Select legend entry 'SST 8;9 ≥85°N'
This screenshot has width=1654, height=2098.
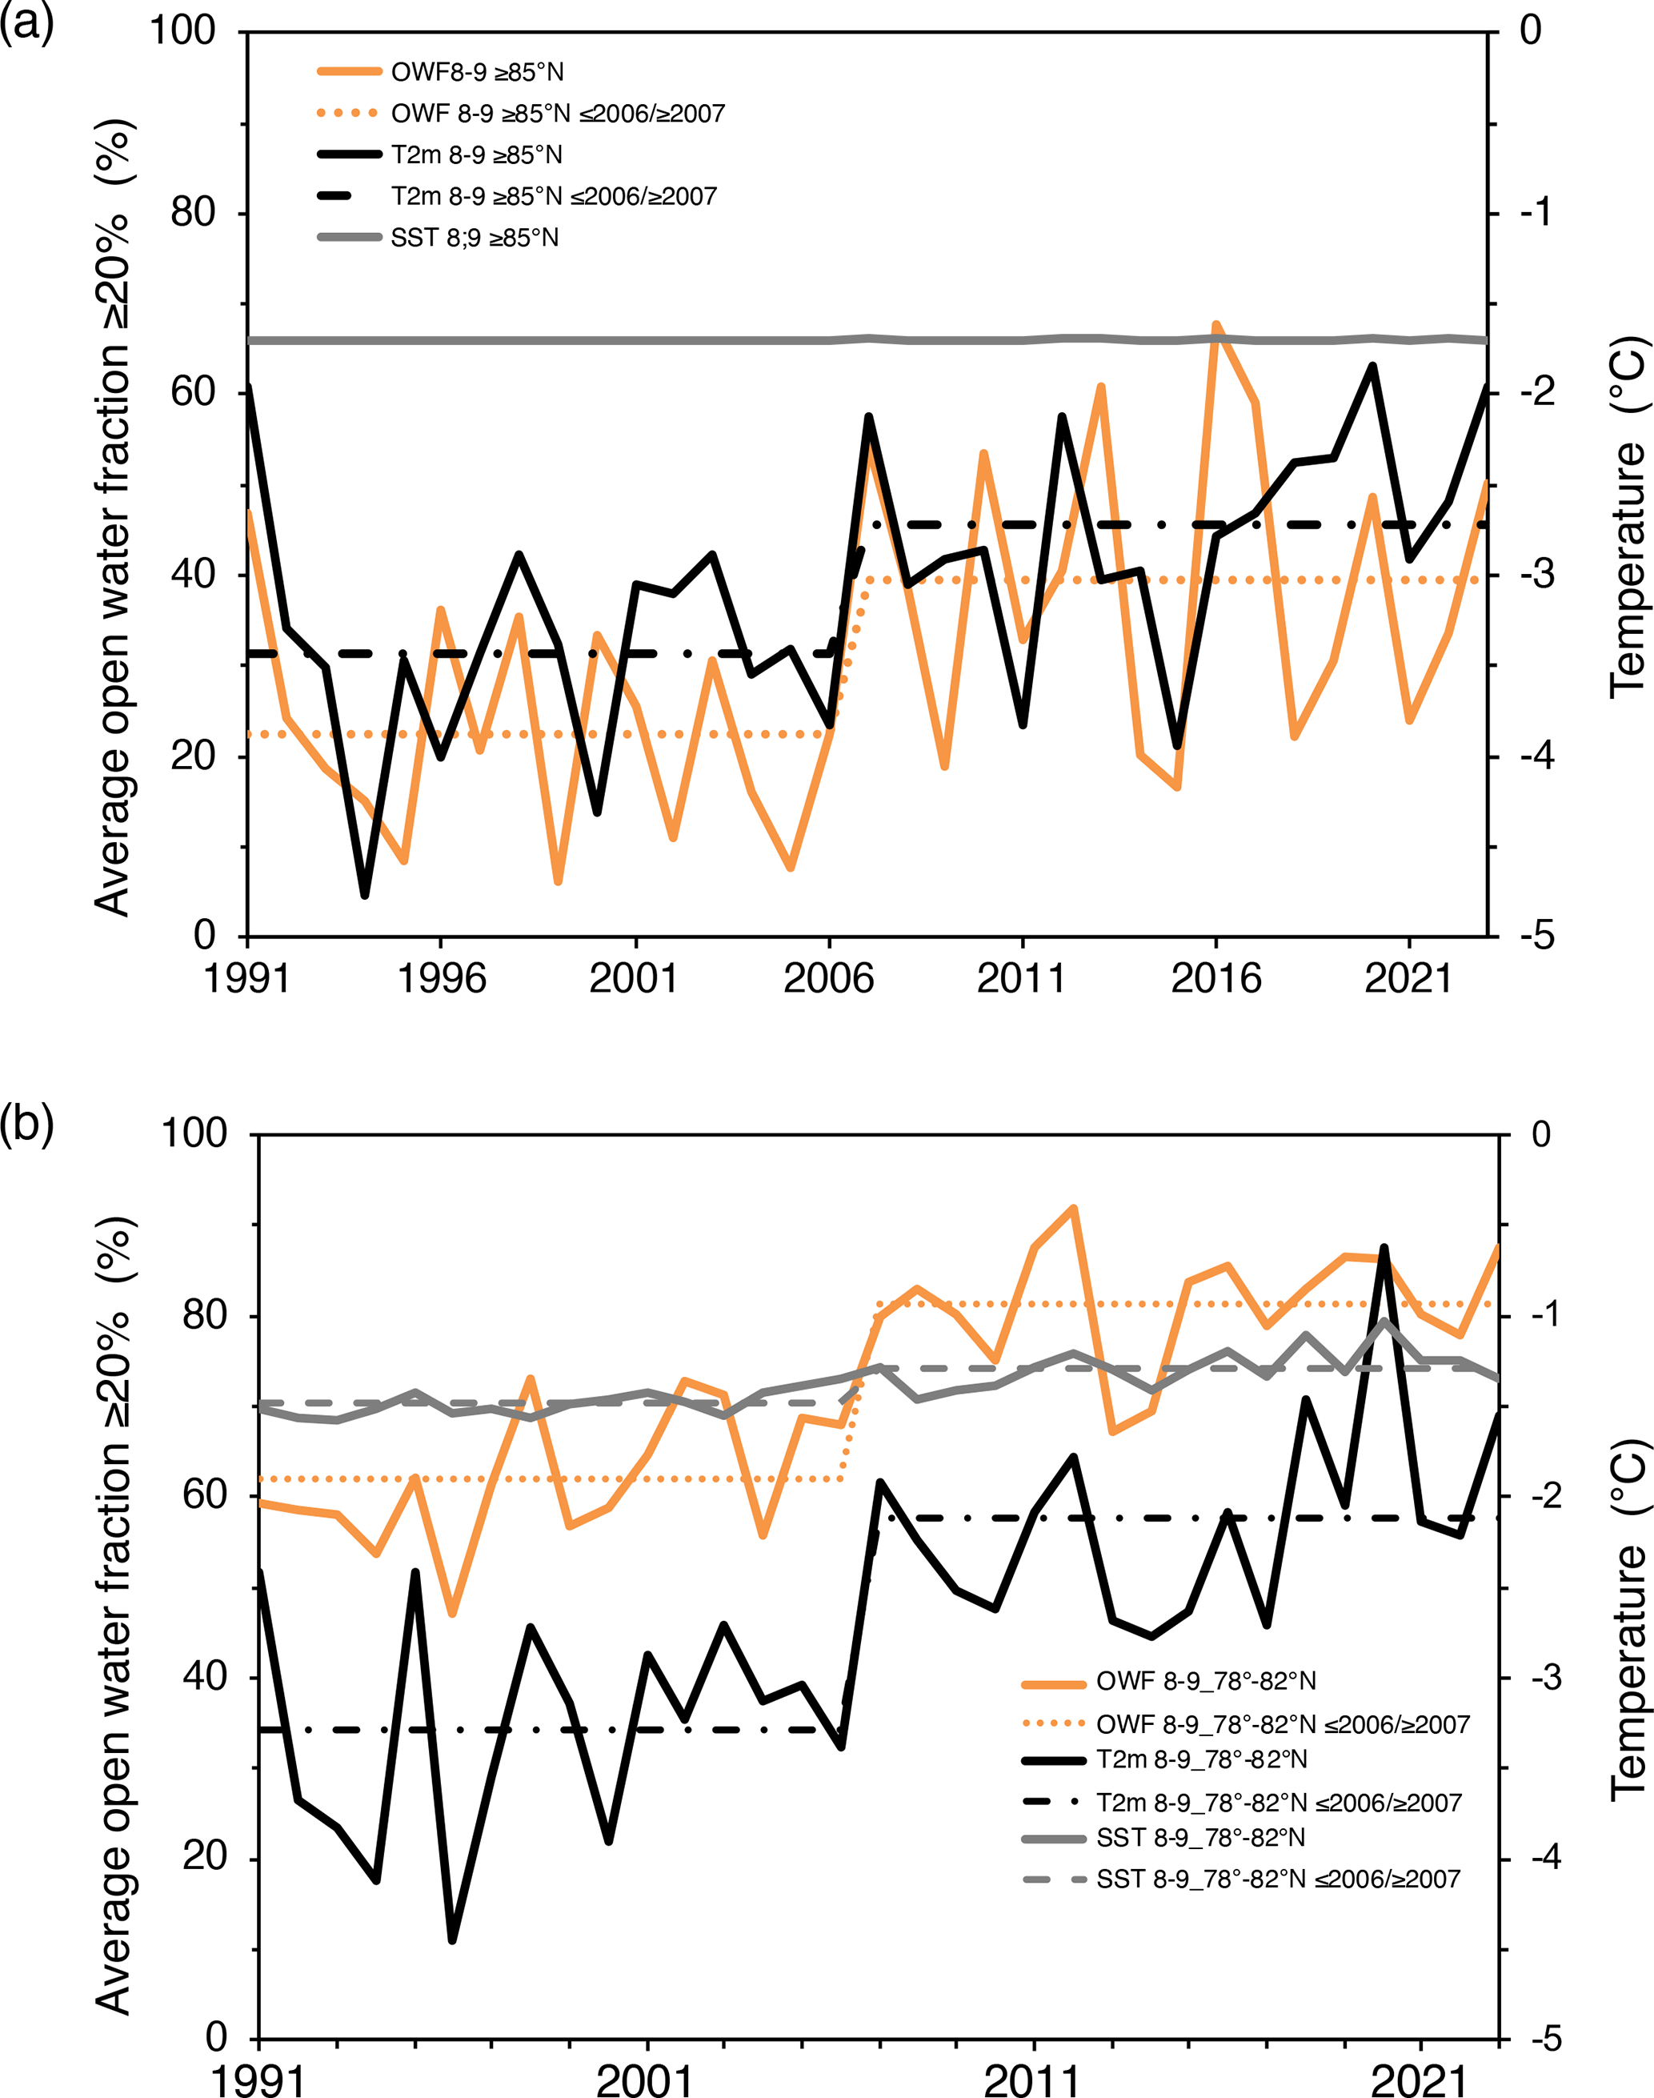tap(475, 237)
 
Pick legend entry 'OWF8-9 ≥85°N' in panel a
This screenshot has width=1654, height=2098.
tap(476, 72)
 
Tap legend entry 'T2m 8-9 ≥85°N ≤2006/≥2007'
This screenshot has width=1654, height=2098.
tap(553, 195)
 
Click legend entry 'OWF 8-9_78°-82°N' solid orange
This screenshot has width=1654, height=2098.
tap(1206, 1680)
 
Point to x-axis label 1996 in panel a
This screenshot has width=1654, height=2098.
tap(442, 978)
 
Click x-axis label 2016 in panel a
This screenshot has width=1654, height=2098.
tap(1215, 978)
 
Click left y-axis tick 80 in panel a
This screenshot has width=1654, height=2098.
tap(193, 212)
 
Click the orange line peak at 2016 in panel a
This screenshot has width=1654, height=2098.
tap(1216, 326)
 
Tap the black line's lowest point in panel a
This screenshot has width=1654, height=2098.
tap(365, 895)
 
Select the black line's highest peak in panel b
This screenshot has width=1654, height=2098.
tap(1384, 1248)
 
